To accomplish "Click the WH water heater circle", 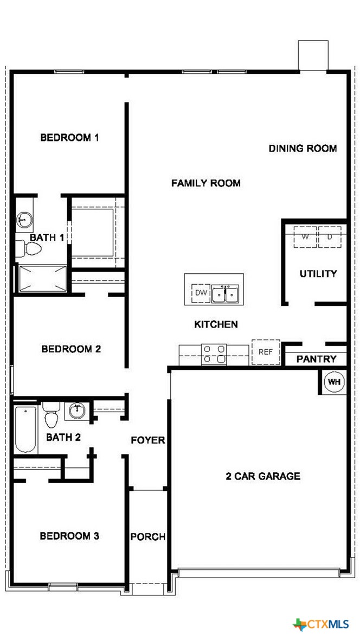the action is pyautogui.click(x=335, y=382).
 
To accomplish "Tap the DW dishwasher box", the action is pyautogui.click(x=201, y=293).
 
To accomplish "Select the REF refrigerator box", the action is pyautogui.click(x=266, y=351).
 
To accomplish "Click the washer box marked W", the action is pyautogui.click(x=305, y=236).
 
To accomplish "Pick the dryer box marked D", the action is pyautogui.click(x=329, y=236).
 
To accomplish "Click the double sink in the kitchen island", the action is pyautogui.click(x=225, y=294).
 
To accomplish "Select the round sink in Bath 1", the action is pyautogui.click(x=24, y=220).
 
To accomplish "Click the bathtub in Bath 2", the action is pyautogui.click(x=25, y=428).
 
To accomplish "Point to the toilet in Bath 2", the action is pyautogui.click(x=51, y=414).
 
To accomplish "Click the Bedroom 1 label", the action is pyautogui.click(x=69, y=138).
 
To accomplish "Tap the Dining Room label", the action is pyautogui.click(x=303, y=149).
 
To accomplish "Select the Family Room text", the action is pyautogui.click(x=205, y=183).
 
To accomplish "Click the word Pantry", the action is pyautogui.click(x=316, y=359).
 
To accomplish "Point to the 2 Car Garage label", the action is pyautogui.click(x=263, y=476).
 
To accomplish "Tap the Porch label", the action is pyautogui.click(x=148, y=537).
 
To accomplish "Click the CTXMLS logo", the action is pyautogui.click(x=321, y=624).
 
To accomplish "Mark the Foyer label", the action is pyautogui.click(x=148, y=440).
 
